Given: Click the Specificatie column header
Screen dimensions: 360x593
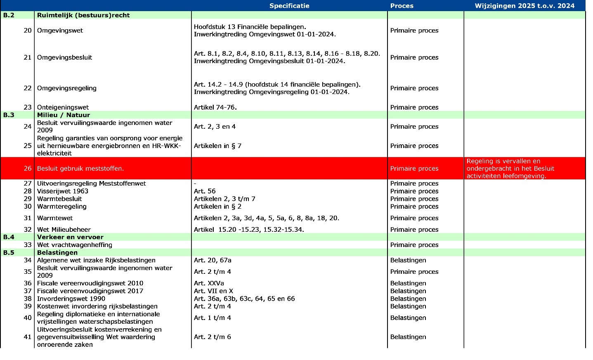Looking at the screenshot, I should pyautogui.click(x=289, y=6).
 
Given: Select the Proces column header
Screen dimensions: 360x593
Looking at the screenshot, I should pyautogui.click(x=402, y=6).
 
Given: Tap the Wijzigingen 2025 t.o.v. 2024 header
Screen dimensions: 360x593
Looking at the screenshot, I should pyautogui.click(x=524, y=6).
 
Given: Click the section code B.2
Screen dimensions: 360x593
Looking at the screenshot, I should pyautogui.click(x=9, y=15).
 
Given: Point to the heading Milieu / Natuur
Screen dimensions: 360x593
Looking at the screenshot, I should pyautogui.click(x=63, y=115).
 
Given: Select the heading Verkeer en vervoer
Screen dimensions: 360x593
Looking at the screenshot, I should pyautogui.click(x=70, y=237).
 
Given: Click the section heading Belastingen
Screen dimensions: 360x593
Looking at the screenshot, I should pyautogui.click(x=57, y=252).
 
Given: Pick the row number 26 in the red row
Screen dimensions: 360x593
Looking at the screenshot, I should pyautogui.click(x=27, y=168).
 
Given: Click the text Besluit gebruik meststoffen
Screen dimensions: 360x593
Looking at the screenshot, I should pyautogui.click(x=80, y=168).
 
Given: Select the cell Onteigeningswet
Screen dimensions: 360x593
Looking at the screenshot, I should pyautogui.click(x=63, y=107).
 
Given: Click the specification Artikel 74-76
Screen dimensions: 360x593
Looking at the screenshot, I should pyautogui.click(x=215, y=107).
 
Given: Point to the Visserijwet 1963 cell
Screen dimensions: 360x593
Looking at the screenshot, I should pyautogui.click(x=62, y=191).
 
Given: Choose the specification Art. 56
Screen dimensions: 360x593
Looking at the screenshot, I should pyautogui.click(x=205, y=191).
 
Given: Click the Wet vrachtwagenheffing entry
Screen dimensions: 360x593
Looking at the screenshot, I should pyautogui.click(x=74, y=245).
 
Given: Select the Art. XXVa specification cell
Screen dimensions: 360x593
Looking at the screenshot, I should pyautogui.click(x=209, y=283).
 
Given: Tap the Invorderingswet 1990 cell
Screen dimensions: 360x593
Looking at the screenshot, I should pyautogui.click(x=71, y=299).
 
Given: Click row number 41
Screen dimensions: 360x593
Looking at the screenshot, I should pyautogui.click(x=27, y=337).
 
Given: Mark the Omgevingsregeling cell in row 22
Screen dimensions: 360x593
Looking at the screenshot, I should pyautogui.click(x=66, y=88).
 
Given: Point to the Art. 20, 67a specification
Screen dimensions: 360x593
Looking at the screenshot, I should pyautogui.click(x=213, y=260).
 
